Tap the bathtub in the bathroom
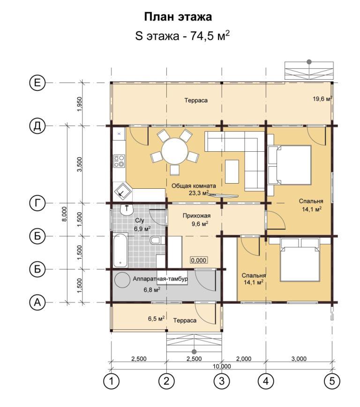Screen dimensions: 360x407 [x=120, y=250]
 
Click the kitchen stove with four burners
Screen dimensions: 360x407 [x=119, y=161]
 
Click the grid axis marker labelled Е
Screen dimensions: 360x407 [x=37, y=83]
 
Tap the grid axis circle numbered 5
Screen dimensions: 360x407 [x=332, y=381]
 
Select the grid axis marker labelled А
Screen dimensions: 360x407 [x=37, y=303]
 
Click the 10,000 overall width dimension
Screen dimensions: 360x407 [x=222, y=366]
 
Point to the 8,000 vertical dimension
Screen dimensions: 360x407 [x=65, y=214]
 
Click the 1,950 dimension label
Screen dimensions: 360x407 [x=80, y=104]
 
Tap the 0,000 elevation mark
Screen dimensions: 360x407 [x=199, y=260]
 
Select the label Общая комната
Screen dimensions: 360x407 [x=194, y=186]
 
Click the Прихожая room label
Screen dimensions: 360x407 [x=196, y=216]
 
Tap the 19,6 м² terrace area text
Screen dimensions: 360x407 [x=322, y=99]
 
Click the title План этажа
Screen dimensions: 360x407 [x=178, y=16]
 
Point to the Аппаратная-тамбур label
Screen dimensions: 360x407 [x=160, y=279]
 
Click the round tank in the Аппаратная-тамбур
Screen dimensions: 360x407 [x=122, y=280]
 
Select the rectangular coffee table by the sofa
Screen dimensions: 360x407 [x=232, y=171]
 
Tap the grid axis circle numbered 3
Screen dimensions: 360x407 [x=222, y=381]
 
